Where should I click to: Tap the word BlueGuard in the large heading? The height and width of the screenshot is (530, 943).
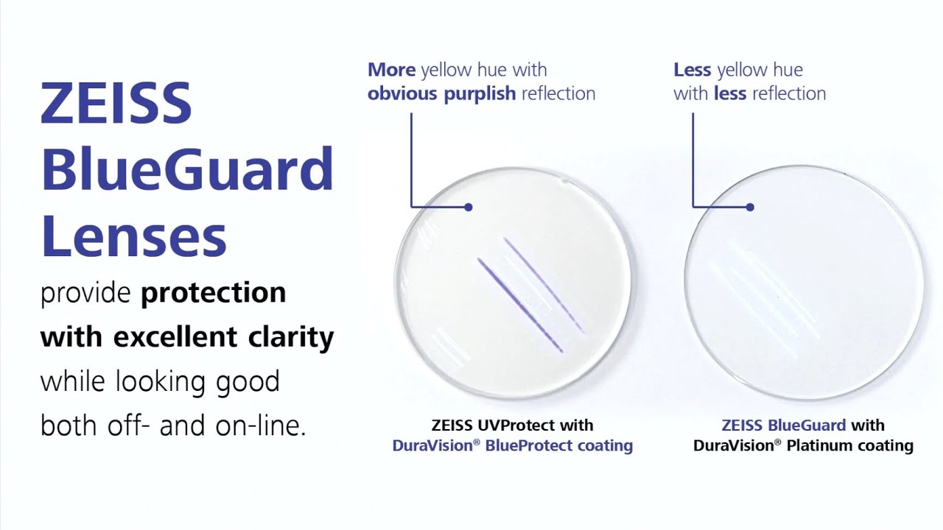click(x=187, y=169)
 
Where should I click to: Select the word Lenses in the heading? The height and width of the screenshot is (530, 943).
click(x=133, y=236)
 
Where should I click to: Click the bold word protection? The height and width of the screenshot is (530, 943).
click(x=213, y=293)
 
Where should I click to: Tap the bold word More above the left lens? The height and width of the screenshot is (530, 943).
click(x=392, y=70)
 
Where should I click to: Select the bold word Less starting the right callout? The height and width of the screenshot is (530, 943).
click(x=693, y=70)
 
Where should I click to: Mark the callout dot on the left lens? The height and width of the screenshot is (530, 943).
click(x=469, y=207)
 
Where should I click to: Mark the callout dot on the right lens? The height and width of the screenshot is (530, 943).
click(x=750, y=207)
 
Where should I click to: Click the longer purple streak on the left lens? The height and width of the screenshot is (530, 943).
click(x=520, y=304)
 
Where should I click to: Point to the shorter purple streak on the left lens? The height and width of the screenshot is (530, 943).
click(x=544, y=284)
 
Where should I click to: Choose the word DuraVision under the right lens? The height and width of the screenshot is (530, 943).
click(x=733, y=445)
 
